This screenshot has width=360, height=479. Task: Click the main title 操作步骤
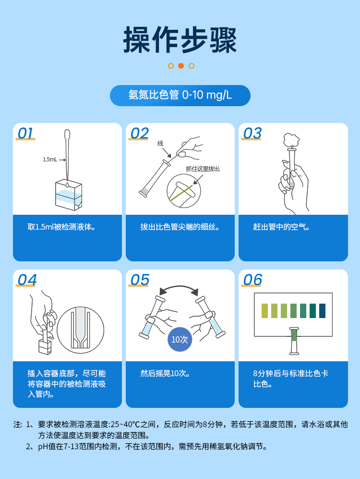point(180,40)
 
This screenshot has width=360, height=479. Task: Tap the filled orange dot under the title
point(181,66)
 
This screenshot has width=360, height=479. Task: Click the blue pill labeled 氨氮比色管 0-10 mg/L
point(180,95)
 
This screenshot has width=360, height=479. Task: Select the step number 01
point(25,133)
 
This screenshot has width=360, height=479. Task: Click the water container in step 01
point(68,195)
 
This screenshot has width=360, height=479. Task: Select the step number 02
point(139,133)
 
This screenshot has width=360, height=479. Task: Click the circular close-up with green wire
point(183,191)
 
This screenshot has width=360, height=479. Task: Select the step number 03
point(252,133)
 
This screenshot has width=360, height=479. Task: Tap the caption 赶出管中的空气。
point(281,227)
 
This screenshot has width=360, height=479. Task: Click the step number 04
point(27,280)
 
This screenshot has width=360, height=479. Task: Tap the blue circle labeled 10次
point(180,339)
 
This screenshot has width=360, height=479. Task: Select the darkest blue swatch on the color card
point(322,311)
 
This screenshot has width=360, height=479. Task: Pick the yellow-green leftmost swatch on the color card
point(264,311)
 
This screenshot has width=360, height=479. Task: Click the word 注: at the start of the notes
point(18,425)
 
